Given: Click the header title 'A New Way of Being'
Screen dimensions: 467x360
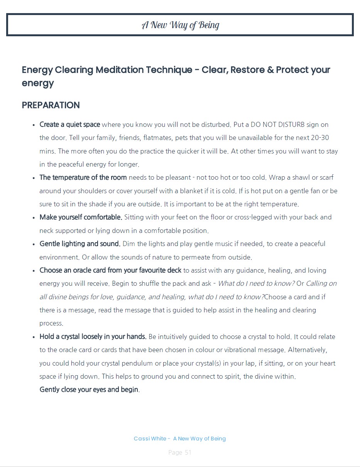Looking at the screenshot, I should (180, 25).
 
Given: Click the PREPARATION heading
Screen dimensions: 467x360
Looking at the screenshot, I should (51, 105).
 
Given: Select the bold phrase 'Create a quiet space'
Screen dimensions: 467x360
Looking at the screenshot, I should (70, 125).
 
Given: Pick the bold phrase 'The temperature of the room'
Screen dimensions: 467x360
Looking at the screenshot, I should (83, 177).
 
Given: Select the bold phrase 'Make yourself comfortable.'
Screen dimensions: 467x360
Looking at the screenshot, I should (81, 217).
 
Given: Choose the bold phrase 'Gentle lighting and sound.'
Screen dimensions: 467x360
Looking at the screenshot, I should (80, 244).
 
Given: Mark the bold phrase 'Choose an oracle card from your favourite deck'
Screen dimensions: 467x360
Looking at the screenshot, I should (110, 270).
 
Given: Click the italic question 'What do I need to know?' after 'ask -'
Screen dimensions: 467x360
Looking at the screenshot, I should (256, 283).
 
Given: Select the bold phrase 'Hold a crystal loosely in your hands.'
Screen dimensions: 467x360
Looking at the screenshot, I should (93, 337).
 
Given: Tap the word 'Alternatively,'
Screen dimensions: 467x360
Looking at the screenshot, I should (308, 350).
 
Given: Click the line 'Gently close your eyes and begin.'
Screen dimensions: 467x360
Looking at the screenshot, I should (90, 389).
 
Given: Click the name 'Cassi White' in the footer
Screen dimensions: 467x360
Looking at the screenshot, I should (150, 438).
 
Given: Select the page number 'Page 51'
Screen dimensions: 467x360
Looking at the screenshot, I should (180, 452).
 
